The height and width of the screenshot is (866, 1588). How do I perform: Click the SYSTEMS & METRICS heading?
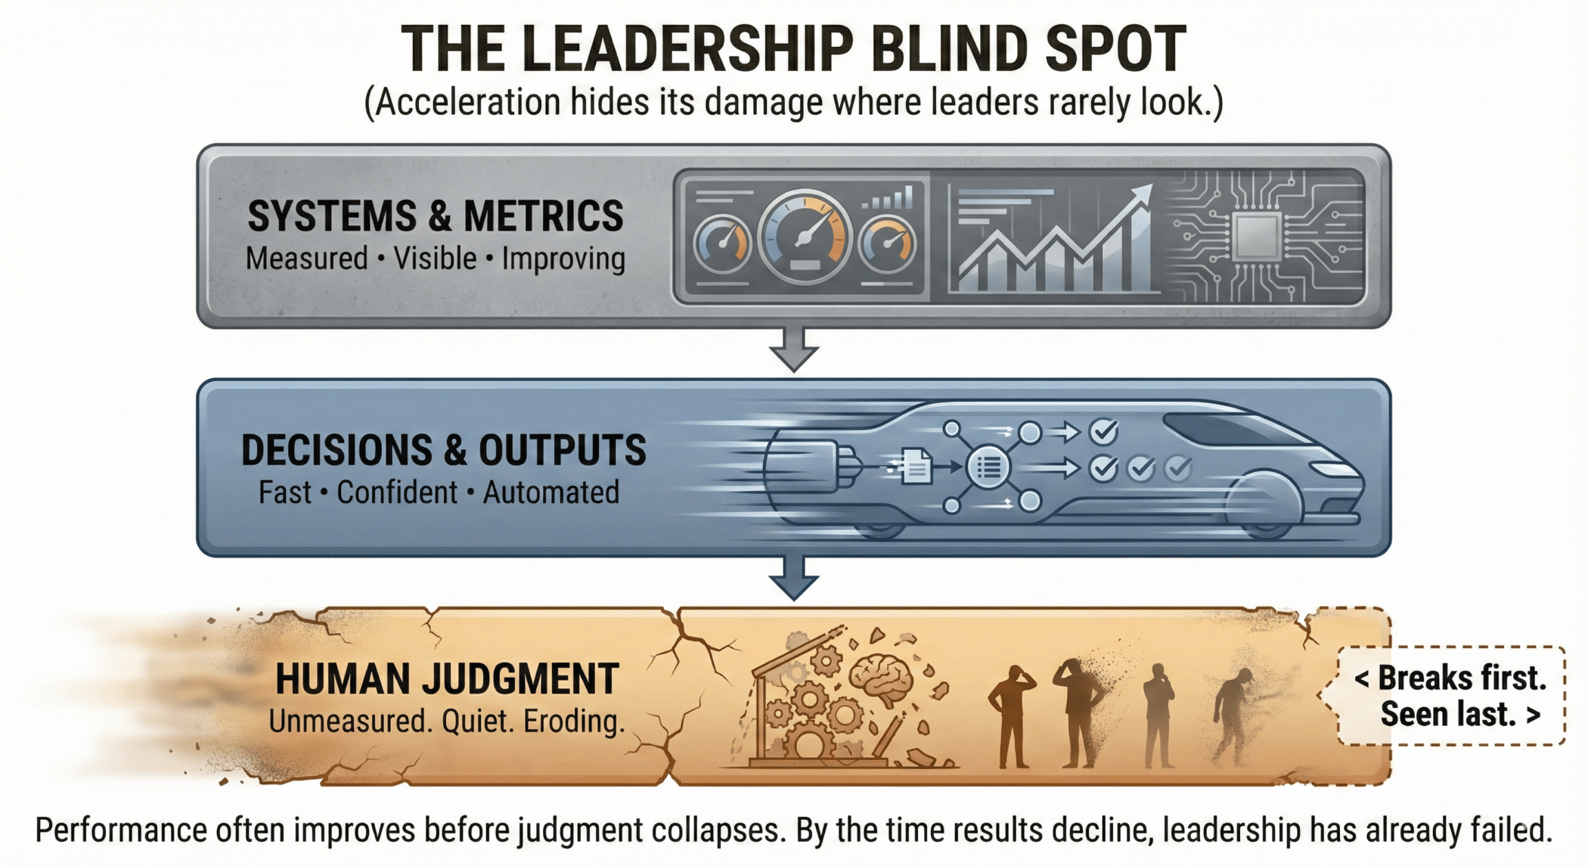[x=436, y=216]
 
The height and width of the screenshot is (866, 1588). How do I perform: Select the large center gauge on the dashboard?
[x=805, y=236]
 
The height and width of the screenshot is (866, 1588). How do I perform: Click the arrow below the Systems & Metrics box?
[x=793, y=349]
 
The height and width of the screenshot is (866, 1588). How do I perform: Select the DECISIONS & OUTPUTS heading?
[x=443, y=450]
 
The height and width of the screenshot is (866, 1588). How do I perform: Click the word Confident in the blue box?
[x=397, y=492]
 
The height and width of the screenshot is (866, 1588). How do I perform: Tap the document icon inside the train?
[x=917, y=466]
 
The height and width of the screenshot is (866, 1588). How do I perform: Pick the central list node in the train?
[x=988, y=467]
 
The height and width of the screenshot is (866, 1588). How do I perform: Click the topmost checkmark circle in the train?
[x=1104, y=432]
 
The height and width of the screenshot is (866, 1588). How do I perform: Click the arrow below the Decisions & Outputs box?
[x=793, y=579]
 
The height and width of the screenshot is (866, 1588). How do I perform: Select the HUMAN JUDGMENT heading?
[x=447, y=679]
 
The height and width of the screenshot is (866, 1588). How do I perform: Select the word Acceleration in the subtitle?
[x=467, y=103]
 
